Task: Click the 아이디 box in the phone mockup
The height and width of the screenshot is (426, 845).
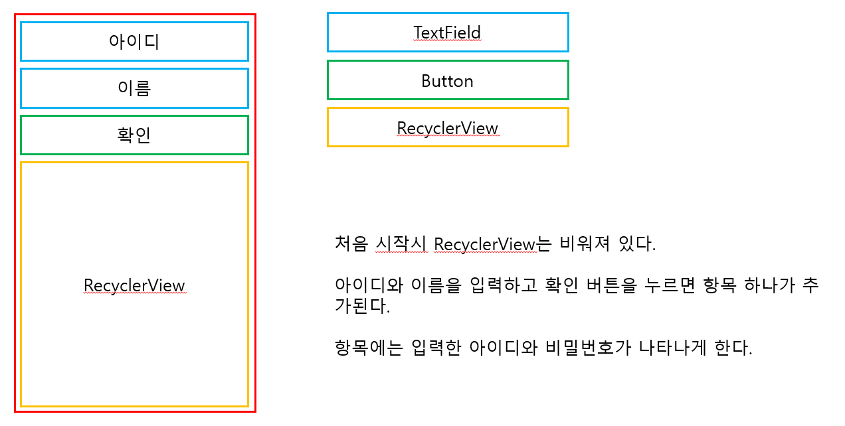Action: tap(134, 41)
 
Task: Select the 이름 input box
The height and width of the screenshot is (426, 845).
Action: tap(134, 88)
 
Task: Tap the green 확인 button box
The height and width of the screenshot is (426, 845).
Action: tap(134, 135)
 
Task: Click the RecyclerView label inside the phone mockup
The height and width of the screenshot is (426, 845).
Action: tap(134, 285)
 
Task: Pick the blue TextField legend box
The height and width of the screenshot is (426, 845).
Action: tap(448, 32)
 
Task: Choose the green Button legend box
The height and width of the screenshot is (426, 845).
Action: tap(448, 80)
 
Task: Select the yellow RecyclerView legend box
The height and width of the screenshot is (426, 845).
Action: tap(448, 127)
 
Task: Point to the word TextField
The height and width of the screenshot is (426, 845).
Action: tap(447, 33)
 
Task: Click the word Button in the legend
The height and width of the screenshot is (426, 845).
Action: tap(447, 81)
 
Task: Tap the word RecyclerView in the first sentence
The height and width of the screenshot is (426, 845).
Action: tap(484, 244)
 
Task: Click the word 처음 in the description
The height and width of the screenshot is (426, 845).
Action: tap(351, 244)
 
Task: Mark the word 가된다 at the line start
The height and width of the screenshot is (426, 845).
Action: tap(361, 307)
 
